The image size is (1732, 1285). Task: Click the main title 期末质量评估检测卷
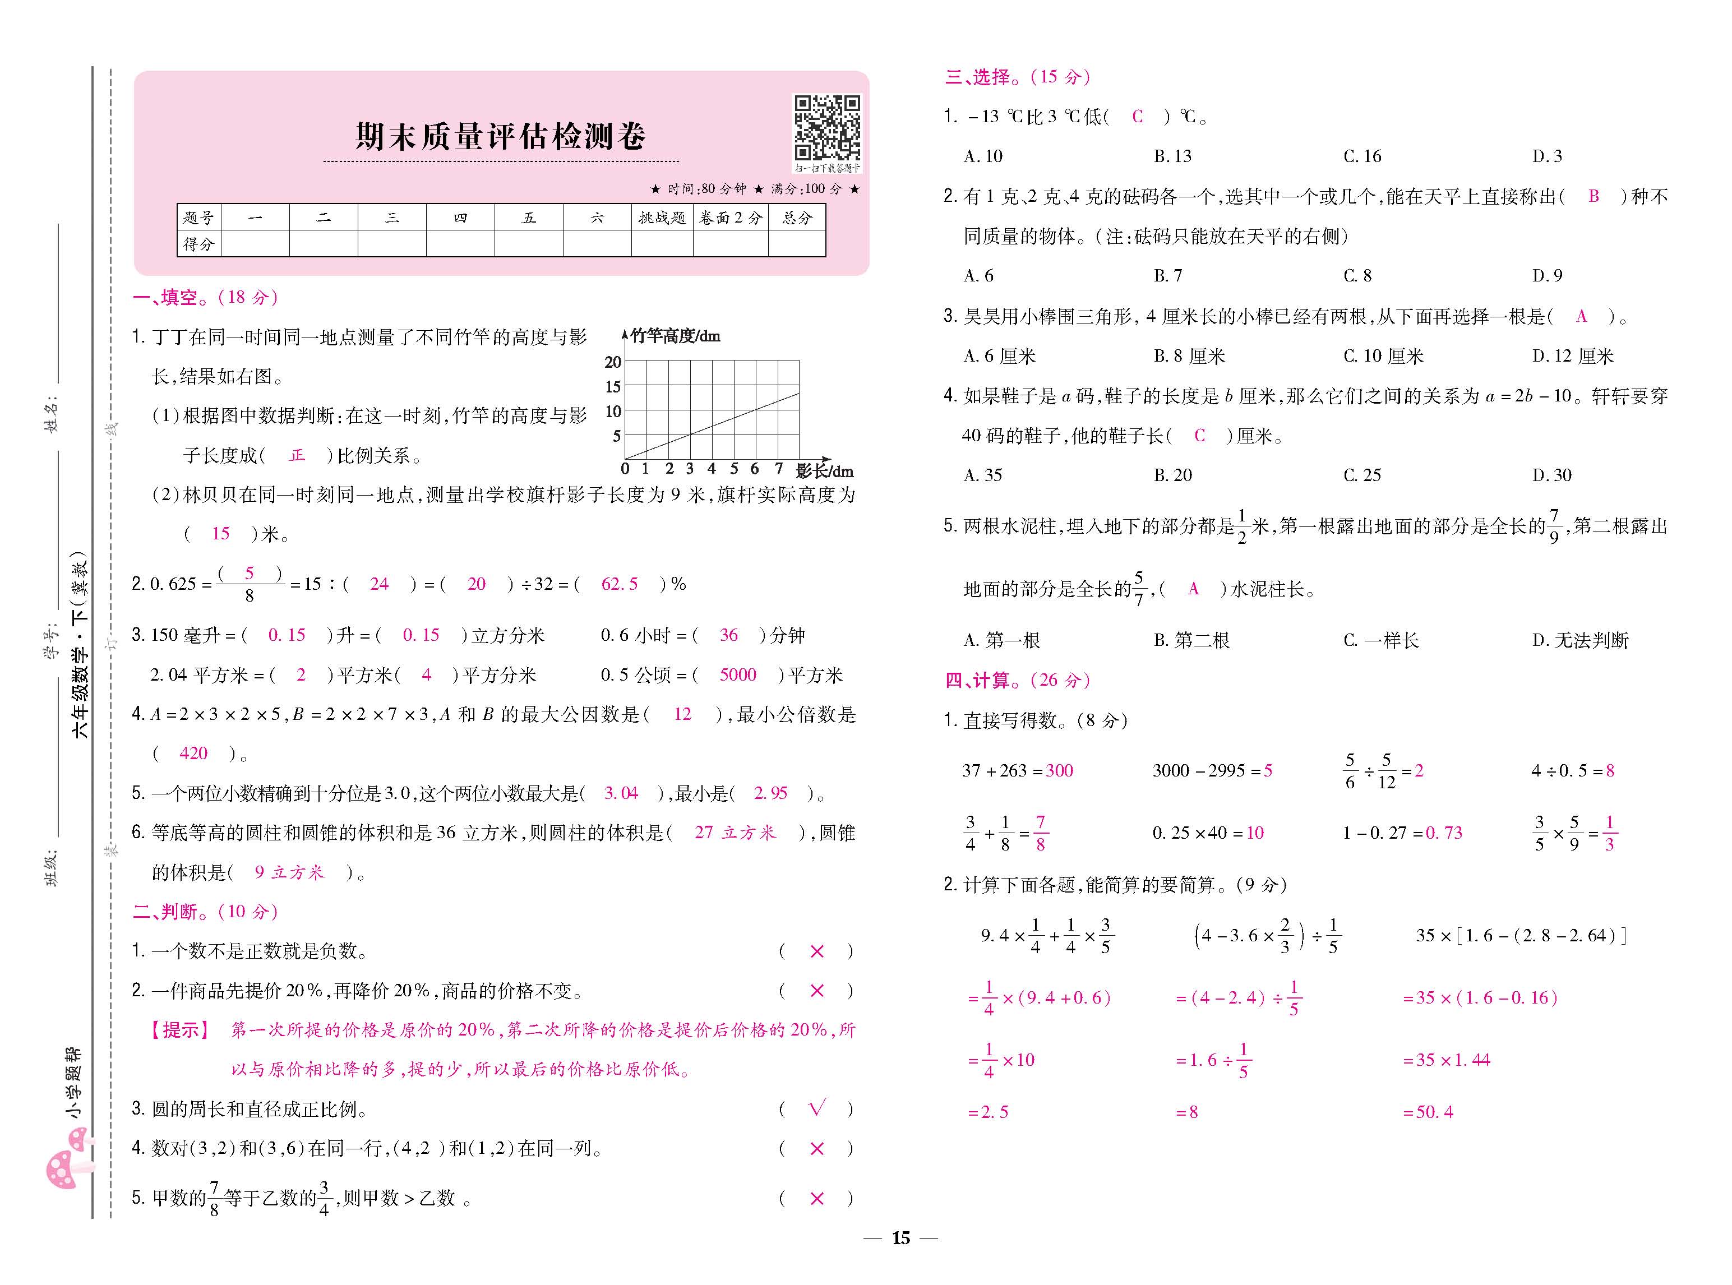coord(500,137)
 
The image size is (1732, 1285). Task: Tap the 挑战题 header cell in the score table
coord(661,218)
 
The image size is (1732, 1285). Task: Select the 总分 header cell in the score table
coord(796,218)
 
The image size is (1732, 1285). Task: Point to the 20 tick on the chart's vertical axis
coord(613,362)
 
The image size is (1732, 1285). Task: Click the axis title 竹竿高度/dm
coord(675,336)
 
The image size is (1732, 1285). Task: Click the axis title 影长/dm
coord(824,470)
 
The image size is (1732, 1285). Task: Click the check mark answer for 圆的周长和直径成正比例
coord(816,1108)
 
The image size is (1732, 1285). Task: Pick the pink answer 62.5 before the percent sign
coord(619,584)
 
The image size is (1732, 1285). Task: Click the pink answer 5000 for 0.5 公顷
coord(737,674)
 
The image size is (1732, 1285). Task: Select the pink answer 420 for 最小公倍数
coord(193,753)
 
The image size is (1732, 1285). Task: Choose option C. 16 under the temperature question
coord(1362,156)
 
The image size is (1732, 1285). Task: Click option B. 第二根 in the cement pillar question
coord(1191,640)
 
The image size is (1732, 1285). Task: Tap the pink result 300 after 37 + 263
coord(1059,770)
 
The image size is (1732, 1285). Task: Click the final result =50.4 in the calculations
coord(1428,1112)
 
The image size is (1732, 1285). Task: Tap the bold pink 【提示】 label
coord(181,1030)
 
